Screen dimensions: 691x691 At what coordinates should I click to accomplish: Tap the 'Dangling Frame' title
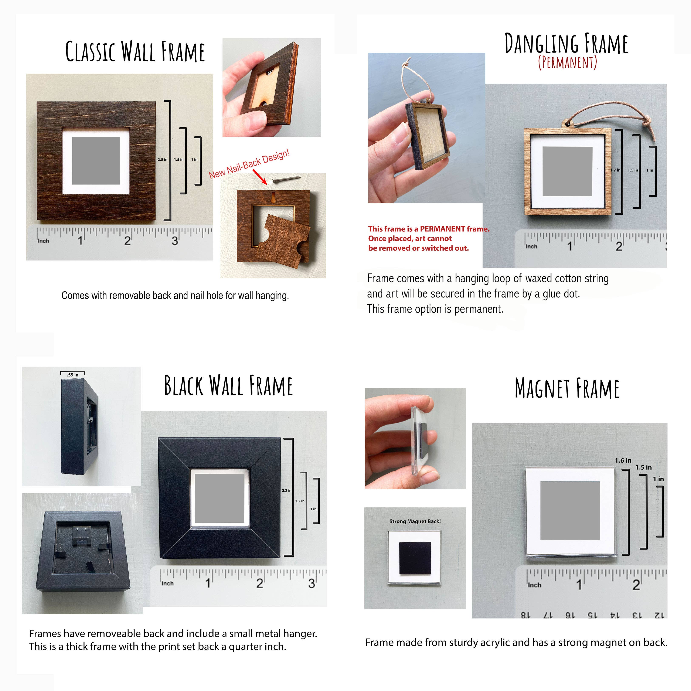pos(566,43)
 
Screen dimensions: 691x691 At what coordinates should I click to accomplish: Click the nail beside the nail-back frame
pos(286,180)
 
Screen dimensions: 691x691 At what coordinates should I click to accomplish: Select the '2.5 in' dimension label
pos(162,160)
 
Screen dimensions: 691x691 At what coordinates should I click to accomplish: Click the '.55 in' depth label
pos(73,375)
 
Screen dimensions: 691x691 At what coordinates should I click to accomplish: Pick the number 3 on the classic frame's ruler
pos(174,241)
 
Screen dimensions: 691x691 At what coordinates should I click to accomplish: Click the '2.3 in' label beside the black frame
pos(286,490)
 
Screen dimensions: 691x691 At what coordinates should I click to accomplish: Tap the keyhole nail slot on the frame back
pos(274,198)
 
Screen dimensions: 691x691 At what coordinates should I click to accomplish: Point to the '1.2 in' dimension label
pos(300,501)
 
